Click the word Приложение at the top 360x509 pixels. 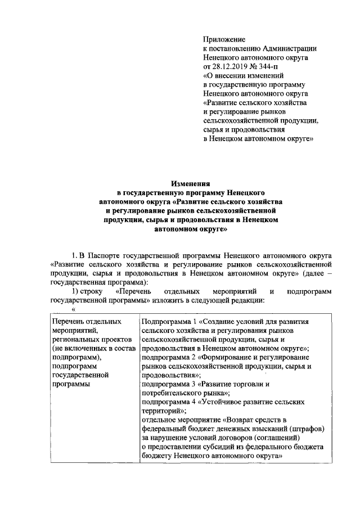[x=224, y=39]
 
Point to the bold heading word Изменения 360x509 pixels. [x=191, y=183]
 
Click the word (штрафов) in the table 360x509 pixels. [x=302, y=429]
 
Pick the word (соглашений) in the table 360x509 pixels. [x=272, y=438]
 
